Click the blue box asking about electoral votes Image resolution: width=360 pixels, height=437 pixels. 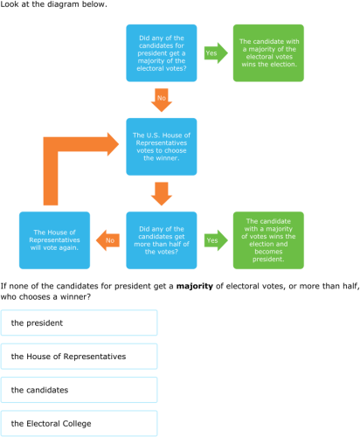pyautogui.click(x=162, y=53)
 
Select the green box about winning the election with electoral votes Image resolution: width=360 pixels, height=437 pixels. pyautogui.click(x=268, y=53)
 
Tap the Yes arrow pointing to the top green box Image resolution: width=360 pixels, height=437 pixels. pyautogui.click(x=212, y=53)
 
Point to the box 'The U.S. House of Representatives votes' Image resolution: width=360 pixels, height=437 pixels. pyautogui.click(x=162, y=147)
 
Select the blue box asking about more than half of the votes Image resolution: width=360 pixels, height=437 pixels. pyautogui.click(x=162, y=239)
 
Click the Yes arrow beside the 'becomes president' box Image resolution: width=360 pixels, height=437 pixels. pyautogui.click(x=212, y=239)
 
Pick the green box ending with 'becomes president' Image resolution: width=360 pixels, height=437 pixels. pyautogui.click(x=268, y=239)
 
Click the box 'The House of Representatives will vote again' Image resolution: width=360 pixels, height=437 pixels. pyautogui.click(x=55, y=239)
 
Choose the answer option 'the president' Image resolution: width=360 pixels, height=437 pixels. pyautogui.click(x=80, y=323)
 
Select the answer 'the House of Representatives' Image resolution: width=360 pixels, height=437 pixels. pyautogui.click(x=80, y=356)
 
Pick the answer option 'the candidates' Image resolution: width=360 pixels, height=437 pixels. pyautogui.click(x=80, y=390)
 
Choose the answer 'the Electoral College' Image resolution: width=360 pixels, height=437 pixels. pyautogui.click(x=80, y=423)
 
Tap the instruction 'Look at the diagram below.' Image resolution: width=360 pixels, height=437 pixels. pyautogui.click(x=54, y=5)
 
